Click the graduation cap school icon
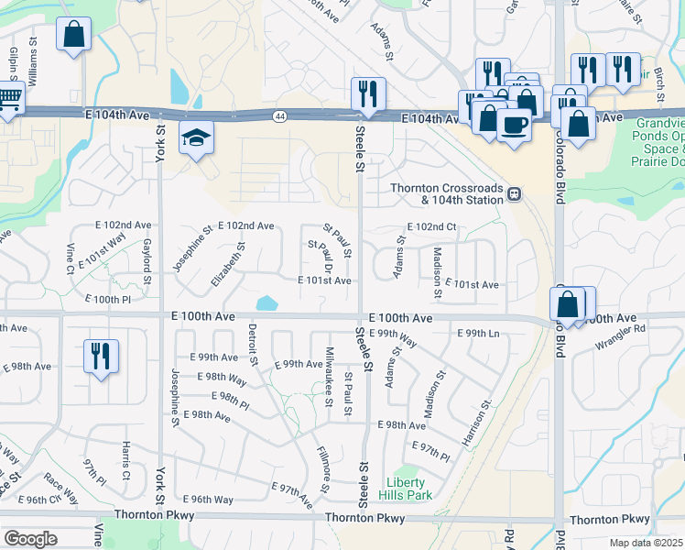tap(196, 138)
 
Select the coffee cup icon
tap(514, 124)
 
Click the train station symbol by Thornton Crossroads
tap(515, 194)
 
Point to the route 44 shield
tap(278, 115)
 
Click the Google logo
tap(31, 538)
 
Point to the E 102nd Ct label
tap(431, 226)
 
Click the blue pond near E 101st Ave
tap(267, 302)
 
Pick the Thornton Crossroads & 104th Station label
tap(446, 193)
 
